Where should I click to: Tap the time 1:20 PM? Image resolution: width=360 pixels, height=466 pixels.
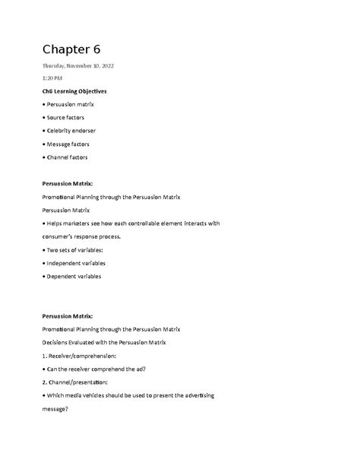tap(53, 78)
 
